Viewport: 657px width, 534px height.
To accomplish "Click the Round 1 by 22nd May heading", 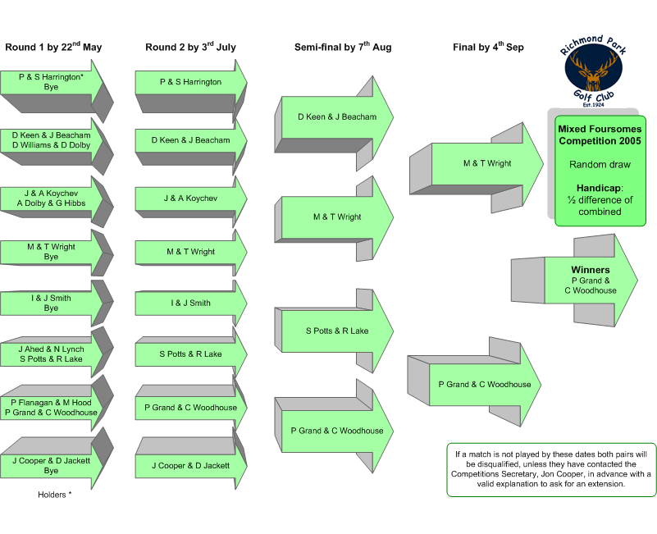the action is [x=53, y=47].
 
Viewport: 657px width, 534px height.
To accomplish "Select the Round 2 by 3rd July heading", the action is [x=190, y=47].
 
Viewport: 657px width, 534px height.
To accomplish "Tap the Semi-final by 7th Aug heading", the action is [x=343, y=47].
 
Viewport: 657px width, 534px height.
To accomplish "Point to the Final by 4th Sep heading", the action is [x=488, y=47].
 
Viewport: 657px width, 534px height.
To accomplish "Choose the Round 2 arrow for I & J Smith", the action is [x=190, y=303].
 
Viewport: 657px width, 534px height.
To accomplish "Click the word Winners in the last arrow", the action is [x=591, y=270].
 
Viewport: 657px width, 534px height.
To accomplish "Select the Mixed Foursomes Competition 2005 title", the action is [x=600, y=135].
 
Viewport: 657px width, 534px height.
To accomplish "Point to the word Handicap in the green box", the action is [x=600, y=188].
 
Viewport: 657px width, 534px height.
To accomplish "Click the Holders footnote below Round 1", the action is [x=54, y=495].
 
